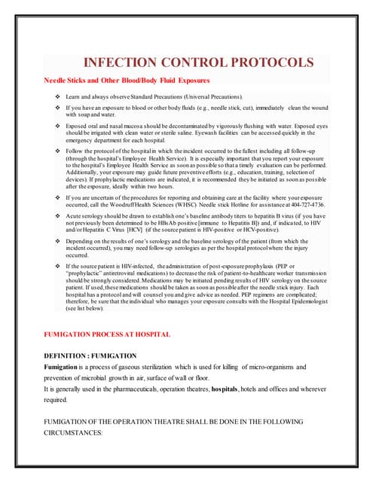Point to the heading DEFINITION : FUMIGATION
click(x=90, y=355)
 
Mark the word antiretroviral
click(x=124, y=273)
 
